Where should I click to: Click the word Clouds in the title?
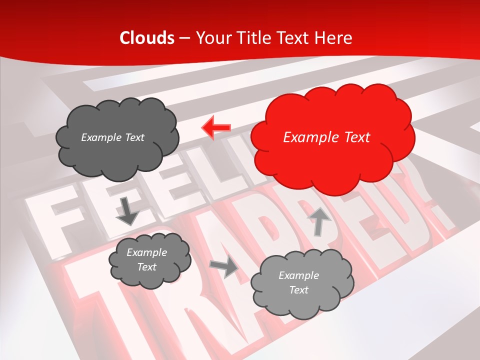(147, 38)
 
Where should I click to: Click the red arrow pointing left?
(216, 128)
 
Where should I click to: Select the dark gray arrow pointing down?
(127, 211)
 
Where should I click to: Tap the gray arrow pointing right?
(224, 267)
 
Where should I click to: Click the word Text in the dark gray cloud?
(134, 137)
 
